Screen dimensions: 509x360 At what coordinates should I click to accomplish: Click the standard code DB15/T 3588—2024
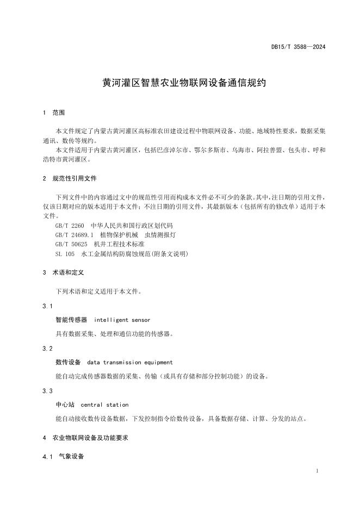tap(298, 47)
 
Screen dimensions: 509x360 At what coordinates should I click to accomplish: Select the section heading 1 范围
tap(54, 113)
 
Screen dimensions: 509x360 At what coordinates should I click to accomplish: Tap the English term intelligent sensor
tap(122, 320)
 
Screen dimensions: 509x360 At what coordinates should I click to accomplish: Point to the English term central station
tap(104, 405)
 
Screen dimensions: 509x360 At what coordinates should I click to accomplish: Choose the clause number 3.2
tap(48, 349)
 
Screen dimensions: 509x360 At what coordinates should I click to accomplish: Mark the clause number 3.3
tap(48, 391)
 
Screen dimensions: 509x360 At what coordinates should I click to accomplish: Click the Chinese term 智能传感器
tap(71, 320)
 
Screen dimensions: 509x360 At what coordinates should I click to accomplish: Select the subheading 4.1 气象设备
tap(64, 457)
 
